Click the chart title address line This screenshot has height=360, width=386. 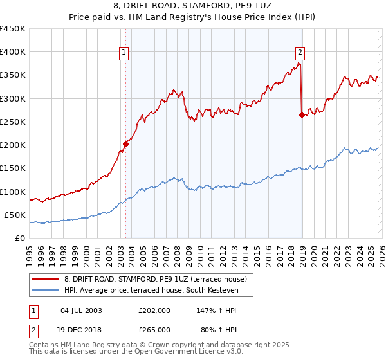(x=193, y=6)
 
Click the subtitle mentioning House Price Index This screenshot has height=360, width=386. (x=193, y=17)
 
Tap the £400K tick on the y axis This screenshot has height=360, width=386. (x=13, y=52)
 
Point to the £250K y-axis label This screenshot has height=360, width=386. (x=13, y=122)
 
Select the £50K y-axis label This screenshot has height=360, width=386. (x=15, y=215)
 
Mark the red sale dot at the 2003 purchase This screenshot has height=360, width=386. (x=125, y=144)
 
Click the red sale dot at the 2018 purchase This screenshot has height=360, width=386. (x=302, y=115)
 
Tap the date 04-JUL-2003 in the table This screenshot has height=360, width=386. (x=81, y=310)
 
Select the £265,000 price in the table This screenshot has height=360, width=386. (x=154, y=329)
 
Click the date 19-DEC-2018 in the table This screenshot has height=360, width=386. (x=81, y=329)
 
